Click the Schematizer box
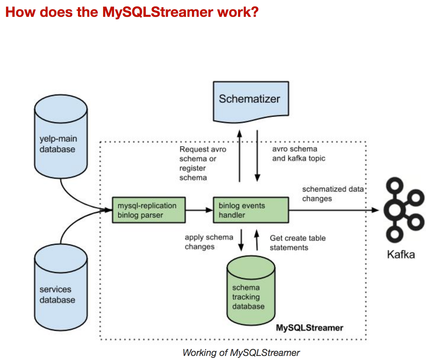pyautogui.click(x=251, y=100)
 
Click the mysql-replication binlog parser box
pyautogui.click(x=149, y=210)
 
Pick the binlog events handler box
pyautogui.click(x=251, y=210)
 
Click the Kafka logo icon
pyautogui.click(x=403, y=210)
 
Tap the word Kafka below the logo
pyautogui.click(x=401, y=254)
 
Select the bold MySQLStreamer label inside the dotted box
pyautogui.click(x=309, y=328)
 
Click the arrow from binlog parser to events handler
pyautogui.click(x=199, y=210)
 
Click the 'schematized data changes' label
pyautogui.click(x=333, y=194)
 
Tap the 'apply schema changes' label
pyautogui.click(x=208, y=242)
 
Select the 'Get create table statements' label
pyautogui.click(x=297, y=243)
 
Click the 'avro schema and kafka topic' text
pyautogui.click(x=299, y=154)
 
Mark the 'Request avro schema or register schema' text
pyautogui.click(x=202, y=163)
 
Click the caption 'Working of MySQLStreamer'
pyautogui.click(x=241, y=353)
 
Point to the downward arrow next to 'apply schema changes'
pyautogui.click(x=241, y=240)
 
